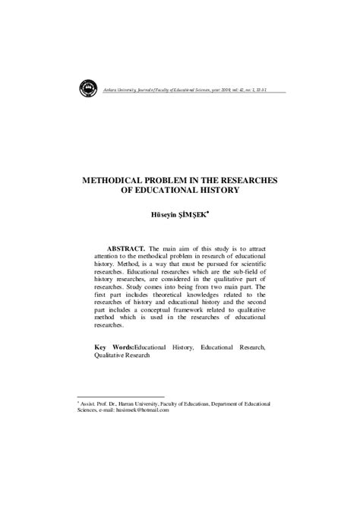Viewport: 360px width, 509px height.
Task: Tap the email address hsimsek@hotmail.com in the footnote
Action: (143, 410)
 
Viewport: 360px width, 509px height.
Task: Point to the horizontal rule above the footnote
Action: (121, 396)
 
